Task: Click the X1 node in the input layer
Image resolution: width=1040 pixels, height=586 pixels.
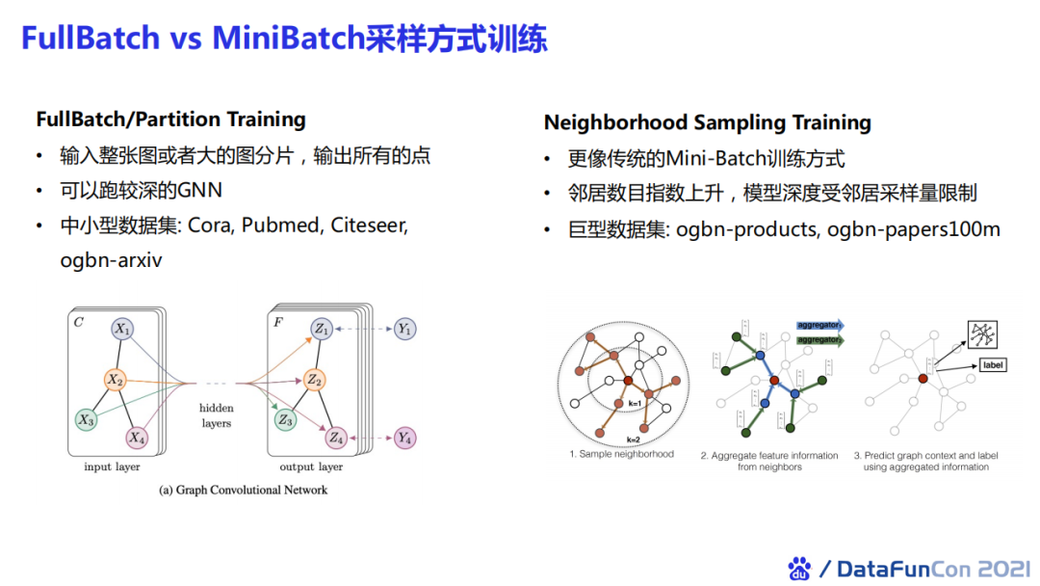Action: [x=122, y=330]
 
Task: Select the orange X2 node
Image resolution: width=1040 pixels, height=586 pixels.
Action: [x=116, y=380]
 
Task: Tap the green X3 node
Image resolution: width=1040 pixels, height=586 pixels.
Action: [x=86, y=419]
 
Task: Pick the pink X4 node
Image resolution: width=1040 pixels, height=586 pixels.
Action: [x=137, y=439]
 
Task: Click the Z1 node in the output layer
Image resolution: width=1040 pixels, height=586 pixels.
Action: [x=321, y=330]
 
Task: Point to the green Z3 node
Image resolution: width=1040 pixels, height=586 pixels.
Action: [x=285, y=419]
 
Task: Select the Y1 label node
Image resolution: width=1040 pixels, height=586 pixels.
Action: [x=405, y=330]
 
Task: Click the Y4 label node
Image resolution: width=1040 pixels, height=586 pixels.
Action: [x=405, y=439]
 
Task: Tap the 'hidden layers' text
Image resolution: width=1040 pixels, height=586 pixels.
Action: [x=216, y=415]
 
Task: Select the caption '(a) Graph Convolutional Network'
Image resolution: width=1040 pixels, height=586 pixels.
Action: [x=243, y=490]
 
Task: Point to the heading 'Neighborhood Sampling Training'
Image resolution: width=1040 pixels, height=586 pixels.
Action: [x=707, y=122]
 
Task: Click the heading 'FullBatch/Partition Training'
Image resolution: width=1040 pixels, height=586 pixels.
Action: [x=170, y=120]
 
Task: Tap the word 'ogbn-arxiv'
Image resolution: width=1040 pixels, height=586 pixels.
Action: [x=111, y=260]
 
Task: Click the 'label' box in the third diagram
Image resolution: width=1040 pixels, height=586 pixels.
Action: [x=992, y=365]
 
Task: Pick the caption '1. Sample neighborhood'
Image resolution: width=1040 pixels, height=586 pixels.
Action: [x=621, y=454]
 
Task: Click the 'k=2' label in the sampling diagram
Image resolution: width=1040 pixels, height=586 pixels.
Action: [x=634, y=439]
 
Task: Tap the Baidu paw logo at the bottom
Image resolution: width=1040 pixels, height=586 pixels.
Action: [x=799, y=569]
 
